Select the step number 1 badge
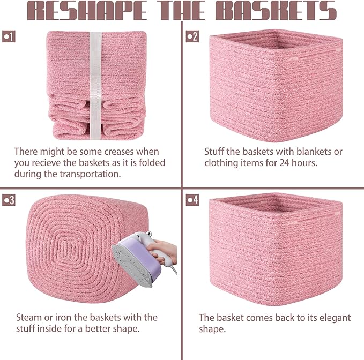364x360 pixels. (x=9, y=37)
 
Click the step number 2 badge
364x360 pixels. (x=192, y=37)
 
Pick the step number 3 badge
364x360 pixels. (x=9, y=200)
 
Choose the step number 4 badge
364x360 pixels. (x=192, y=200)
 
